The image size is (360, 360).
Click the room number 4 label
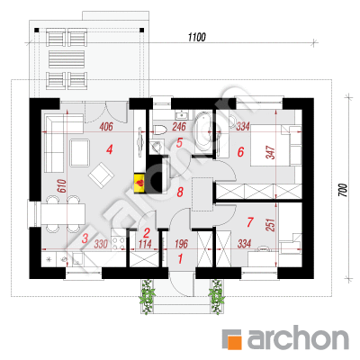point(110,149)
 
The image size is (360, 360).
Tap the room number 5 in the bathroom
point(179,143)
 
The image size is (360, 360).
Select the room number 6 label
point(240,152)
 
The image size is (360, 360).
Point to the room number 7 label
point(250,222)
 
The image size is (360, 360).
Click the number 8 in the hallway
point(180,192)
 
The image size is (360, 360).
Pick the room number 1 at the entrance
point(180,258)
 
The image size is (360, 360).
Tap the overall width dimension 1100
point(197,37)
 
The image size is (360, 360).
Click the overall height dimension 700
point(344,190)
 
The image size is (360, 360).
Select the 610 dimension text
point(61,186)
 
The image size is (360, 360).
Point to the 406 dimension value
point(106,127)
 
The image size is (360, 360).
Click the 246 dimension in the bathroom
point(179,127)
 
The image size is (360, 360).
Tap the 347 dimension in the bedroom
point(271,153)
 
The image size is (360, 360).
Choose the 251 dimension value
point(271,225)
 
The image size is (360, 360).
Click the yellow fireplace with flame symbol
point(139,183)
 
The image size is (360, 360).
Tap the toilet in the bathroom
point(159,130)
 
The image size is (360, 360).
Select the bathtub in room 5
point(202,132)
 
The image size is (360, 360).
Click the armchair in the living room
point(101,175)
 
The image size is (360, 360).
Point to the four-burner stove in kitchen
point(118,243)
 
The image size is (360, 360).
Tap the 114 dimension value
point(145,244)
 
